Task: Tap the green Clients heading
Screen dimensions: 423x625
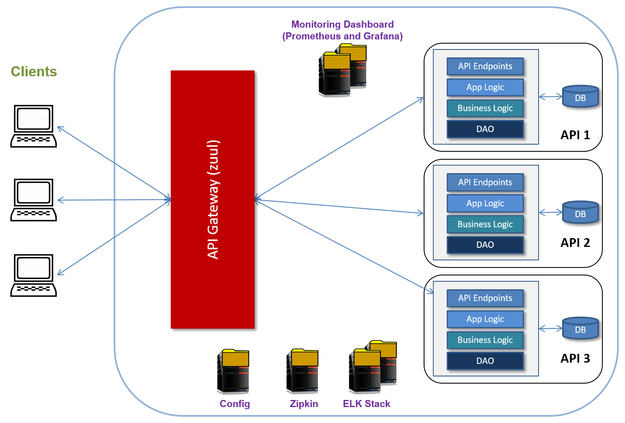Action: [x=34, y=72]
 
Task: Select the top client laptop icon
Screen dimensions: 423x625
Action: [x=34, y=126]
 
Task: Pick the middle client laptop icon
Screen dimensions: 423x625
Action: [x=34, y=200]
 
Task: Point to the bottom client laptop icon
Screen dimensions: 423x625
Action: [x=34, y=275]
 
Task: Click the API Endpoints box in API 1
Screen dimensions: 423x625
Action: [x=485, y=66]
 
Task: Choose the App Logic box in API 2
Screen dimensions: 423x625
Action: [x=485, y=203]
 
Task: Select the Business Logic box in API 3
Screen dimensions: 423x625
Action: [x=485, y=340]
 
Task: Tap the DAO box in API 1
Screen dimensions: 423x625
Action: [x=485, y=129]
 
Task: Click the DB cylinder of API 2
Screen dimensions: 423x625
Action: [x=580, y=213]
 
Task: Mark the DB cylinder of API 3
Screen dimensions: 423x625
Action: [x=580, y=328]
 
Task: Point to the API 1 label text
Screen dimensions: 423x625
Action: [x=575, y=135]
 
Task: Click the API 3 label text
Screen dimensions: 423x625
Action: [x=575, y=358]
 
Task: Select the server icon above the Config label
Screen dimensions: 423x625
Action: [x=233, y=371]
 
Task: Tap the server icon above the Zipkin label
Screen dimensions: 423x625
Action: [x=302, y=371]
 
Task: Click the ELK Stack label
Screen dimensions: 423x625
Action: [x=366, y=404]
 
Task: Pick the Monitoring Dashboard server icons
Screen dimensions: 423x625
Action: [x=342, y=70]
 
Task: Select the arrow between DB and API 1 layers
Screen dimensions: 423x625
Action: [x=550, y=97]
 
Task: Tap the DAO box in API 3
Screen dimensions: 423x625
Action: [x=485, y=361]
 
